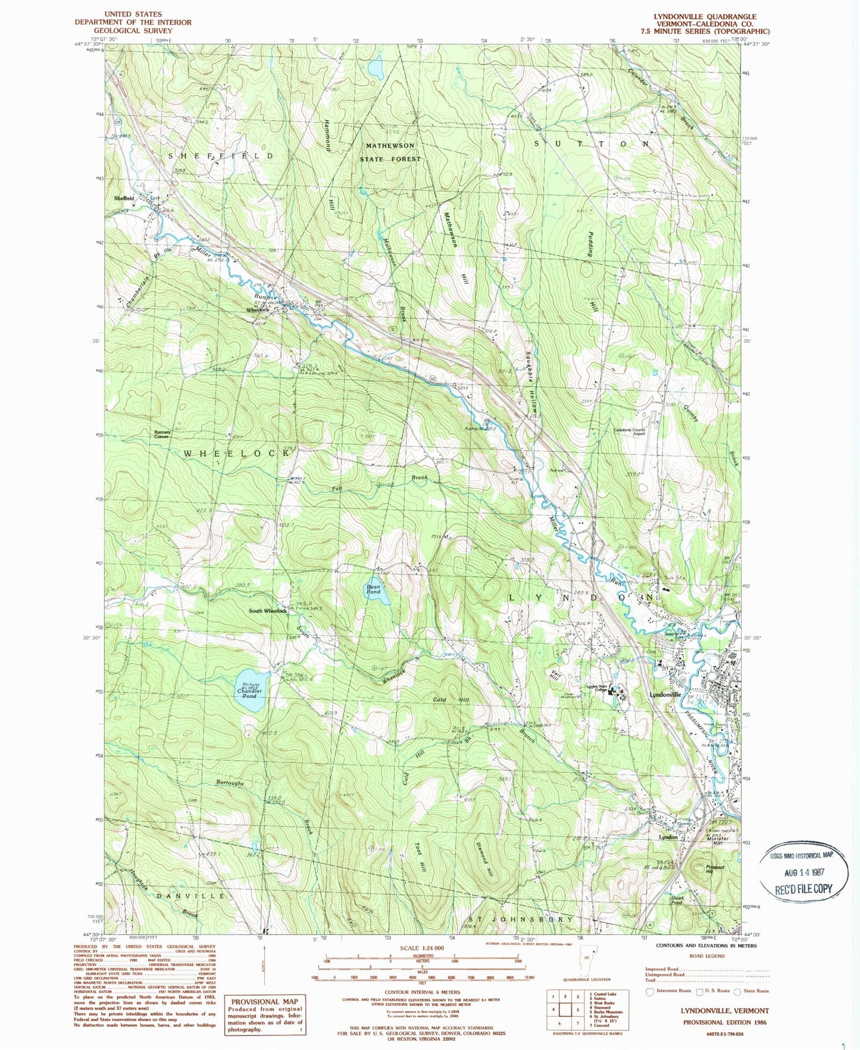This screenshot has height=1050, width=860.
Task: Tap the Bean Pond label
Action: click(x=373, y=589)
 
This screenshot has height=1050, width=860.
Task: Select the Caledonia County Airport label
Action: click(x=630, y=432)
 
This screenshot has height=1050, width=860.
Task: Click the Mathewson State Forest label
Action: click(x=390, y=152)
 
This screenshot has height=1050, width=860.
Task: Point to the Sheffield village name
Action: click(x=124, y=198)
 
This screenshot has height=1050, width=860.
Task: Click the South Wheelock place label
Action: click(x=268, y=611)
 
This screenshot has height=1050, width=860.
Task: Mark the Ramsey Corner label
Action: click(x=162, y=434)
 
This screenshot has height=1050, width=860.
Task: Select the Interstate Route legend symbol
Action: click(x=649, y=991)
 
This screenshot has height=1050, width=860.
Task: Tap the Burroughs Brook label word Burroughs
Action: click(x=230, y=783)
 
